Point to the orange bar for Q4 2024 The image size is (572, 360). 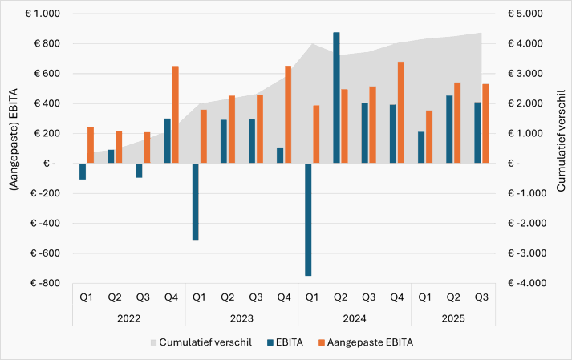click(x=400, y=112)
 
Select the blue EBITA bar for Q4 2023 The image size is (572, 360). click(x=280, y=156)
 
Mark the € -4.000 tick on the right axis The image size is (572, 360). click(x=523, y=283)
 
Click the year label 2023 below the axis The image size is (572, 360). click(x=241, y=318)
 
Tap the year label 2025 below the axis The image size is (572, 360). click(x=452, y=318)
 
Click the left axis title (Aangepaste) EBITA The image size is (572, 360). click(x=14, y=148)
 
